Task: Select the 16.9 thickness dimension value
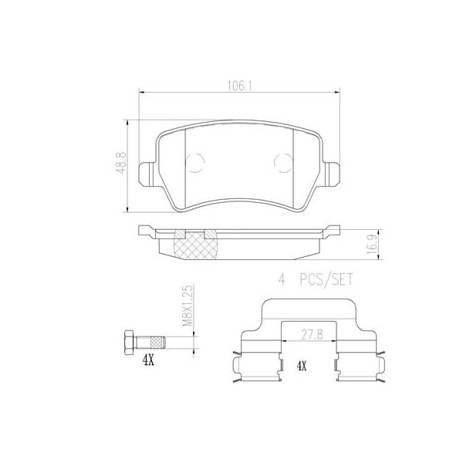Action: (x=371, y=245)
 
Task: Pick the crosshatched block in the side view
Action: (x=195, y=246)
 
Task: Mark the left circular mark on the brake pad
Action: (x=196, y=163)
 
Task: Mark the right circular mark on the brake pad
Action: (x=282, y=163)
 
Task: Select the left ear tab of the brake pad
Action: (x=146, y=172)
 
